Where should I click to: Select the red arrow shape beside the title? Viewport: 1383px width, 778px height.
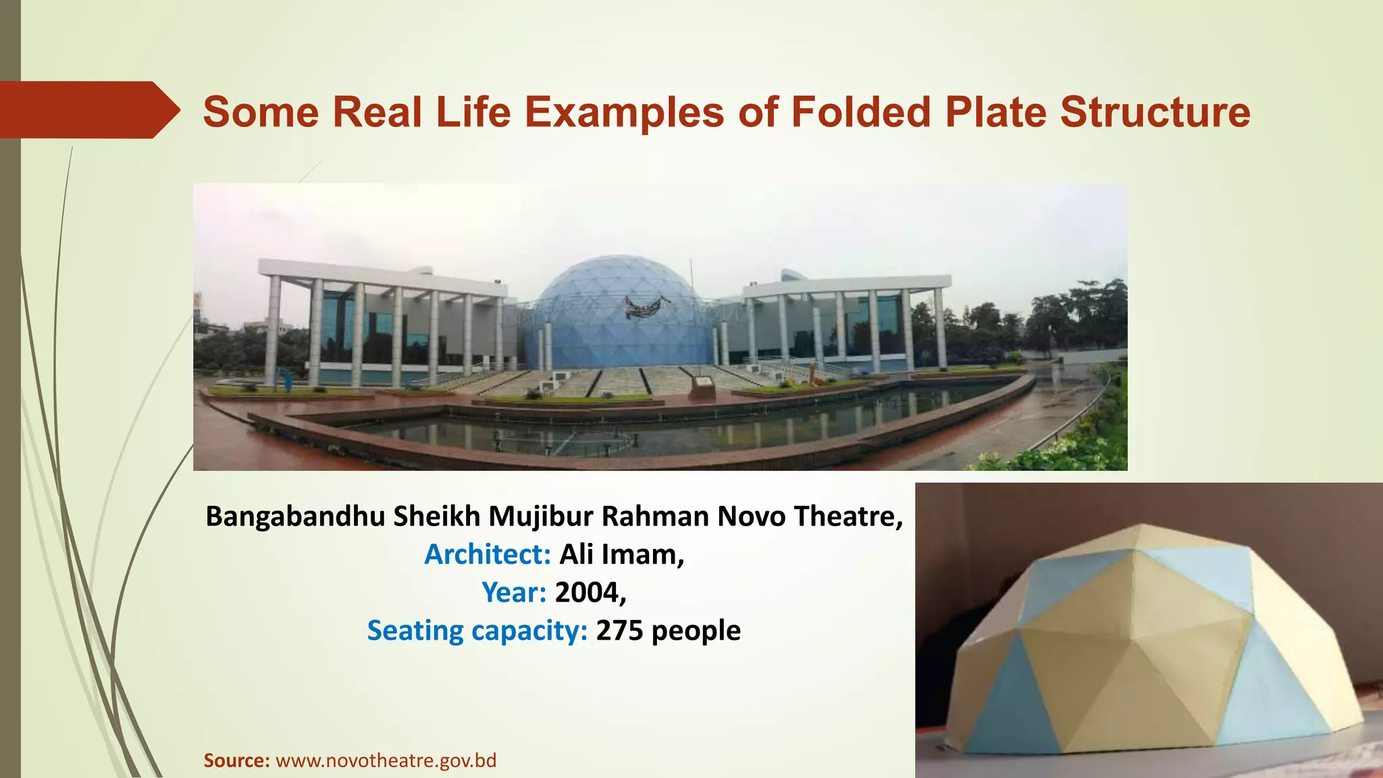click(x=88, y=109)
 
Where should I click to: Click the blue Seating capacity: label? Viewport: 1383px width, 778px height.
click(x=477, y=631)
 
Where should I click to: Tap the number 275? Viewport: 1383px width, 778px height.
click(x=619, y=631)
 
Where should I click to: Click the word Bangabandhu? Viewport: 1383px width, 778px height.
click(x=294, y=517)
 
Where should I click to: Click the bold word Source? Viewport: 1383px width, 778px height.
click(x=237, y=760)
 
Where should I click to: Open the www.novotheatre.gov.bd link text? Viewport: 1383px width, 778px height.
click(x=386, y=760)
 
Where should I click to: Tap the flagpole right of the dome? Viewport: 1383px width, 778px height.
click(x=691, y=274)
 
